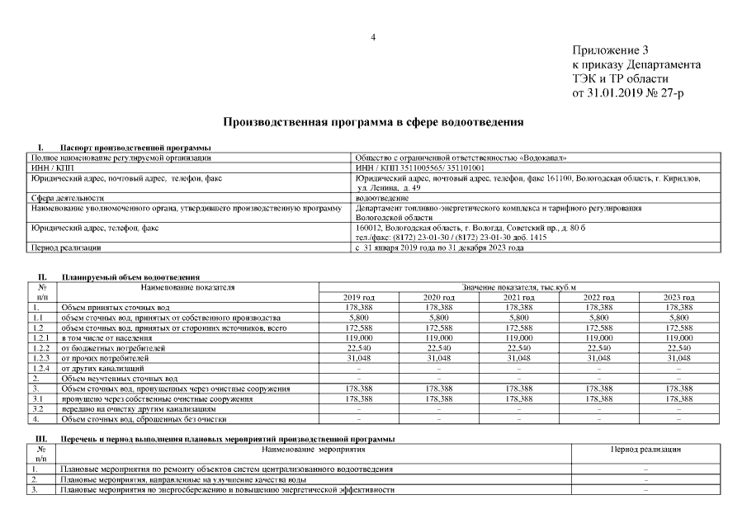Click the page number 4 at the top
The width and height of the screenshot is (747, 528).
[373, 37]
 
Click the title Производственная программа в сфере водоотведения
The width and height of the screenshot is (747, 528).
[373, 122]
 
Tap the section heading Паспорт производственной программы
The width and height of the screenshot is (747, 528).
[124, 148]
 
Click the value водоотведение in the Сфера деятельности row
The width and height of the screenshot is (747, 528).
[381, 198]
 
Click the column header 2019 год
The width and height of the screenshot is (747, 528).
[359, 297]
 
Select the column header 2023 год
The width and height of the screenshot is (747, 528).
[679, 297]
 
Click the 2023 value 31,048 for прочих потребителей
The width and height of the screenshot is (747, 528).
[679, 358]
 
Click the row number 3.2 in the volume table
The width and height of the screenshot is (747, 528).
[37, 408]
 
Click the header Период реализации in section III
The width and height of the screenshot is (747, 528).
[645, 449]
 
